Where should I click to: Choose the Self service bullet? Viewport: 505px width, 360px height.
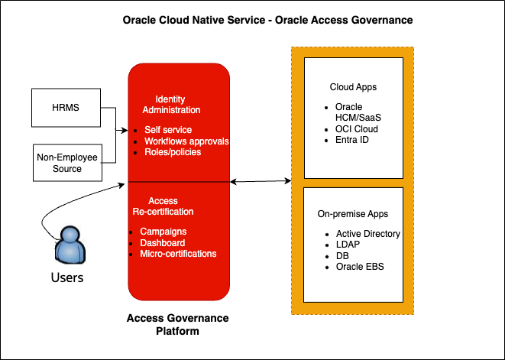[167, 130]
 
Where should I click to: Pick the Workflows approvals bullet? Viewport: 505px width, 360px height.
[186, 141]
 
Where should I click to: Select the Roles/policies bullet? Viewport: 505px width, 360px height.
[173, 152]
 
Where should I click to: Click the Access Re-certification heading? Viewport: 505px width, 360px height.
[171, 206]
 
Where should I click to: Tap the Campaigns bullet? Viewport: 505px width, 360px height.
[163, 232]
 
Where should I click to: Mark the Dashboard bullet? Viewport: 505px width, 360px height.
[163, 242]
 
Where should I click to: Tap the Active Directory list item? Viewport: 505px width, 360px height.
[367, 233]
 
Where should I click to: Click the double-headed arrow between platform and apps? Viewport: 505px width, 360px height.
[261, 182]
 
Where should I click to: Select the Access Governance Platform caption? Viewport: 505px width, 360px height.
[177, 325]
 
